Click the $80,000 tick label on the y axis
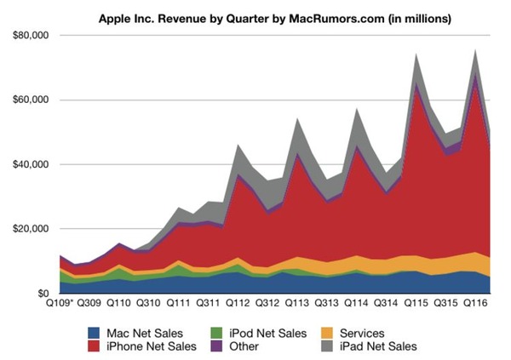[x=28, y=36]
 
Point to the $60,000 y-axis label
[x=28, y=100]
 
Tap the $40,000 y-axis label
[x=28, y=164]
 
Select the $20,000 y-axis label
[x=28, y=229]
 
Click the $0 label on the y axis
[x=39, y=294]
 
